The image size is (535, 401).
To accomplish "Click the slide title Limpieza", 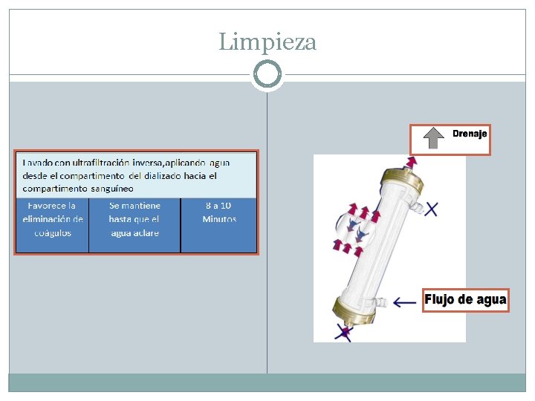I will [267, 42].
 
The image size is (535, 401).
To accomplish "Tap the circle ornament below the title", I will [267, 75].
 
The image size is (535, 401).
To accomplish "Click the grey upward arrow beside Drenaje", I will [434, 139].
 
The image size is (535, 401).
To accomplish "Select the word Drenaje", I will [470, 134].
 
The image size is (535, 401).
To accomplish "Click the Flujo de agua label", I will [466, 300].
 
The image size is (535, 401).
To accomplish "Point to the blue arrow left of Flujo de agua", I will [405, 301].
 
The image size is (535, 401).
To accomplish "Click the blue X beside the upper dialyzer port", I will [430, 210].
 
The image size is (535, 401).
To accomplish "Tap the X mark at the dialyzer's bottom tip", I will [343, 332].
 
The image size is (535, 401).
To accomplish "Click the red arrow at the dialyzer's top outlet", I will [410, 162].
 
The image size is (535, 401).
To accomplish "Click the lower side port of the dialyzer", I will [380, 301].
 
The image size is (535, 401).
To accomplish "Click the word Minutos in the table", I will [219, 219].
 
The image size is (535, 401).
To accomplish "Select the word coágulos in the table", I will [53, 232].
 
